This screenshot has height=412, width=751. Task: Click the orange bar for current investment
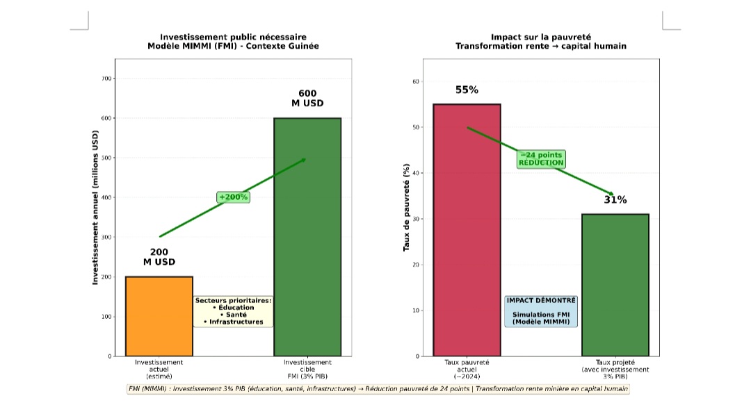(x=159, y=316)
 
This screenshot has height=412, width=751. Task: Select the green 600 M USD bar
(x=307, y=237)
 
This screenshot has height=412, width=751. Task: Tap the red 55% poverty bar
(x=467, y=230)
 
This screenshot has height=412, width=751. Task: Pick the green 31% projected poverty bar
(x=615, y=285)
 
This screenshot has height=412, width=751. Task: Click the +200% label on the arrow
(x=234, y=197)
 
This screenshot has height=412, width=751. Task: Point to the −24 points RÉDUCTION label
(x=540, y=158)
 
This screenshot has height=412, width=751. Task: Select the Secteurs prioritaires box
(x=233, y=311)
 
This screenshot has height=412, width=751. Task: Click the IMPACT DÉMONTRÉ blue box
(x=541, y=311)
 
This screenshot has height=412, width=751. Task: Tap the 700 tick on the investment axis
(x=106, y=79)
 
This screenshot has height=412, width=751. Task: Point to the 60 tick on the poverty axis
(x=417, y=82)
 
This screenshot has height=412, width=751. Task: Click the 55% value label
(x=467, y=90)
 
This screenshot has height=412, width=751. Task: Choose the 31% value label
(x=615, y=200)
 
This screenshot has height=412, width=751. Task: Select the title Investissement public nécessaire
(x=233, y=37)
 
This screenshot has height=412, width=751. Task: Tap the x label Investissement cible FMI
(x=307, y=369)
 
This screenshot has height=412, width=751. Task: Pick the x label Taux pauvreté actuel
(x=467, y=369)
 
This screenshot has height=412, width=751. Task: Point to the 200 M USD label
(x=159, y=257)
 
